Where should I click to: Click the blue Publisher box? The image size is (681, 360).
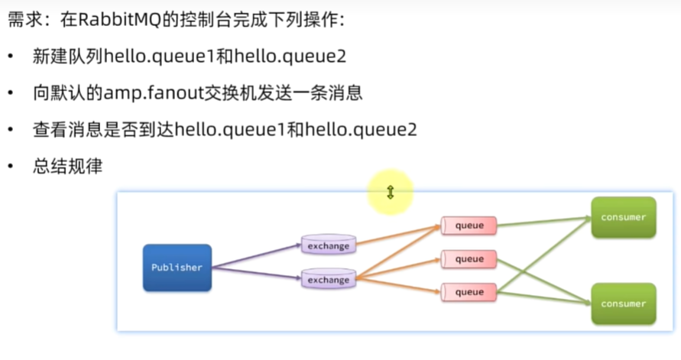(x=177, y=268)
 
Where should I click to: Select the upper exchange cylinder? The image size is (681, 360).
(x=328, y=245)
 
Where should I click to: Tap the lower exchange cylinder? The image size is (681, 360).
(x=328, y=279)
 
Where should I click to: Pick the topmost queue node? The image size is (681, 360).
(x=469, y=225)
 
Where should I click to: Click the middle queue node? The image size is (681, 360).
(x=469, y=259)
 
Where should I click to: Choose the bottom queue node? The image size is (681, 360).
(x=469, y=292)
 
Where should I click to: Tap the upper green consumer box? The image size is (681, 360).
(x=623, y=217)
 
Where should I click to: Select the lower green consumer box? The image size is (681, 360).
(x=623, y=303)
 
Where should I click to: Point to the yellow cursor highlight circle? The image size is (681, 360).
(x=390, y=192)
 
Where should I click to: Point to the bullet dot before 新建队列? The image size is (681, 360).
(x=11, y=58)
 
